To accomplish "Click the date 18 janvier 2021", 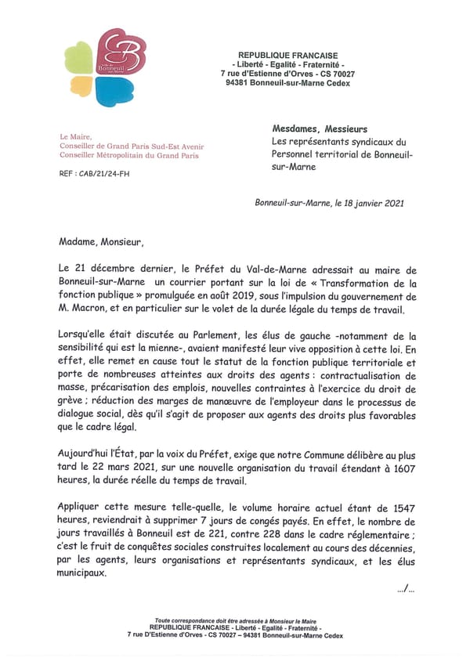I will (x=372, y=203).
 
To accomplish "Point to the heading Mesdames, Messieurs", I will (x=320, y=129).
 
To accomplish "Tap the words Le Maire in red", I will (x=76, y=136).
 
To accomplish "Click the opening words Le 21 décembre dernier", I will (x=114, y=269).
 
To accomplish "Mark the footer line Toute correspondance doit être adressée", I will (x=234, y=619).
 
